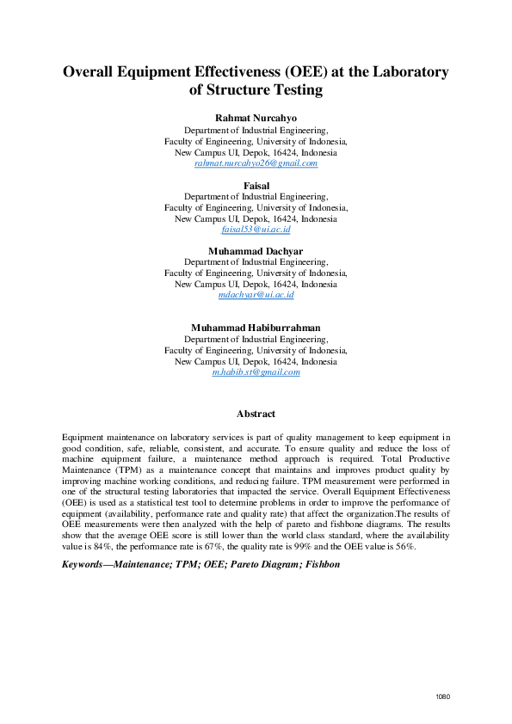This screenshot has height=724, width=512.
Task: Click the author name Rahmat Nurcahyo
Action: [x=256, y=117]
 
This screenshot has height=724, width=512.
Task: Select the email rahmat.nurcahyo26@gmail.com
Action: [x=256, y=163]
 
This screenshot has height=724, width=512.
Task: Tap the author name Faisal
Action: [x=256, y=185]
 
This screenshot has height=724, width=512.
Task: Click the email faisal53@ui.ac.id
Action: [x=256, y=230]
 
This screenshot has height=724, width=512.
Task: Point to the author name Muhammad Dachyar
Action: [x=256, y=251]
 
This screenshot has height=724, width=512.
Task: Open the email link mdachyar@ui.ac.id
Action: [x=256, y=295]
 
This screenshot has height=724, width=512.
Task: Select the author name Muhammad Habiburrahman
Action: [x=256, y=328]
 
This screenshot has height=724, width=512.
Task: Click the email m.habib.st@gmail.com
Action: [x=256, y=372]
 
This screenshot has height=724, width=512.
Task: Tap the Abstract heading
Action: [x=256, y=414]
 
